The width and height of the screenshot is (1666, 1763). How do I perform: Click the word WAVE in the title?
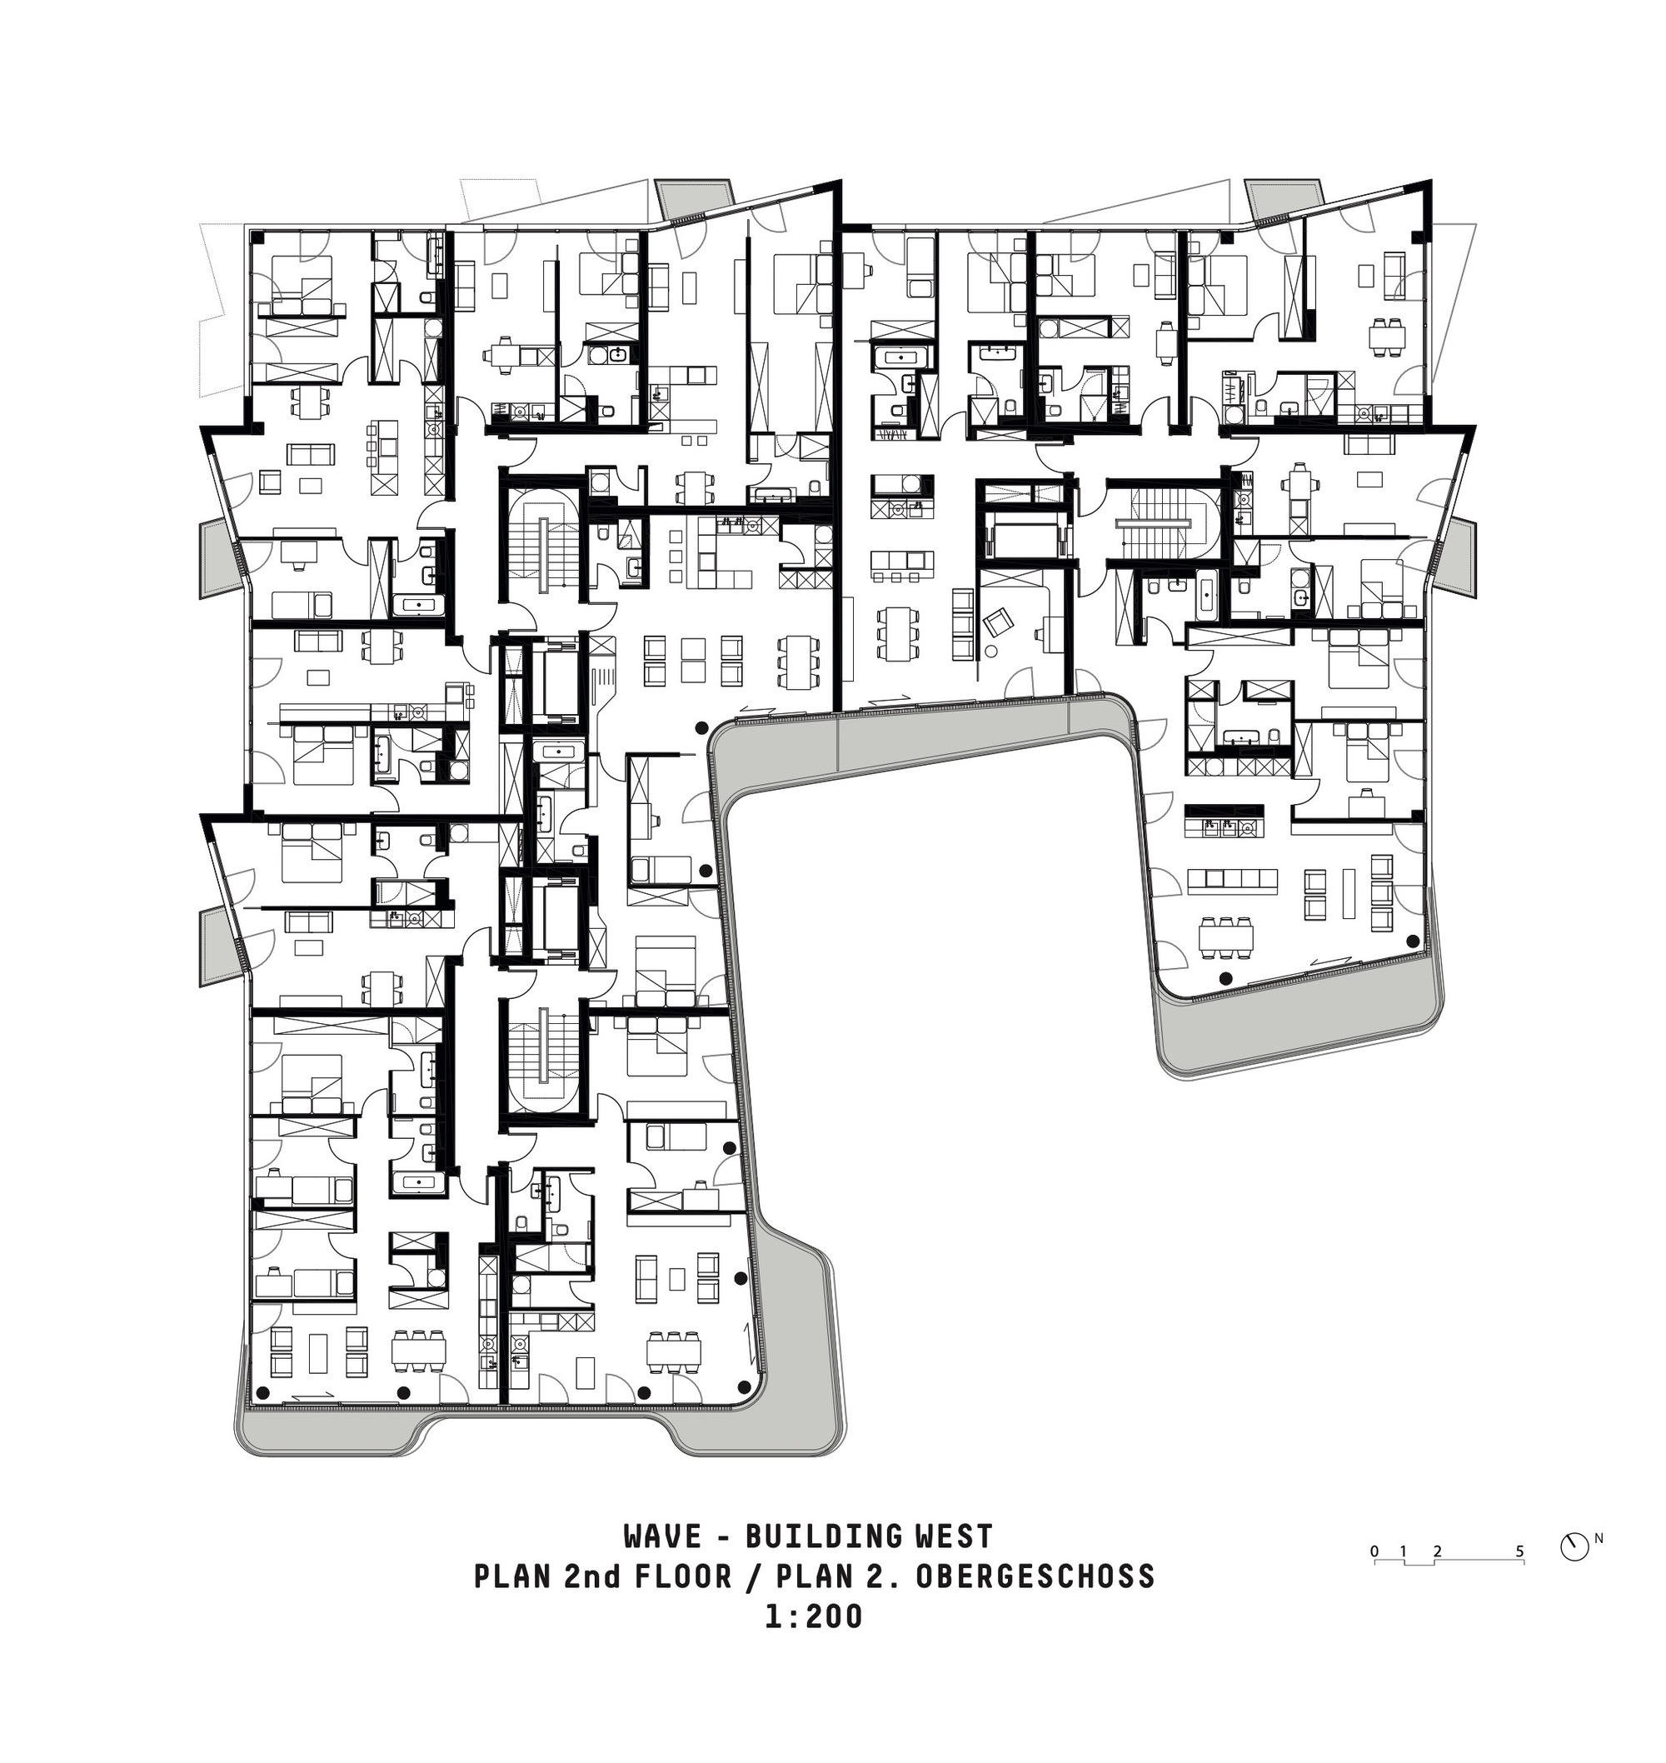662,1561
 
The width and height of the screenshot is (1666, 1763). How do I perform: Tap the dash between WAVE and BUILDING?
720,1561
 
